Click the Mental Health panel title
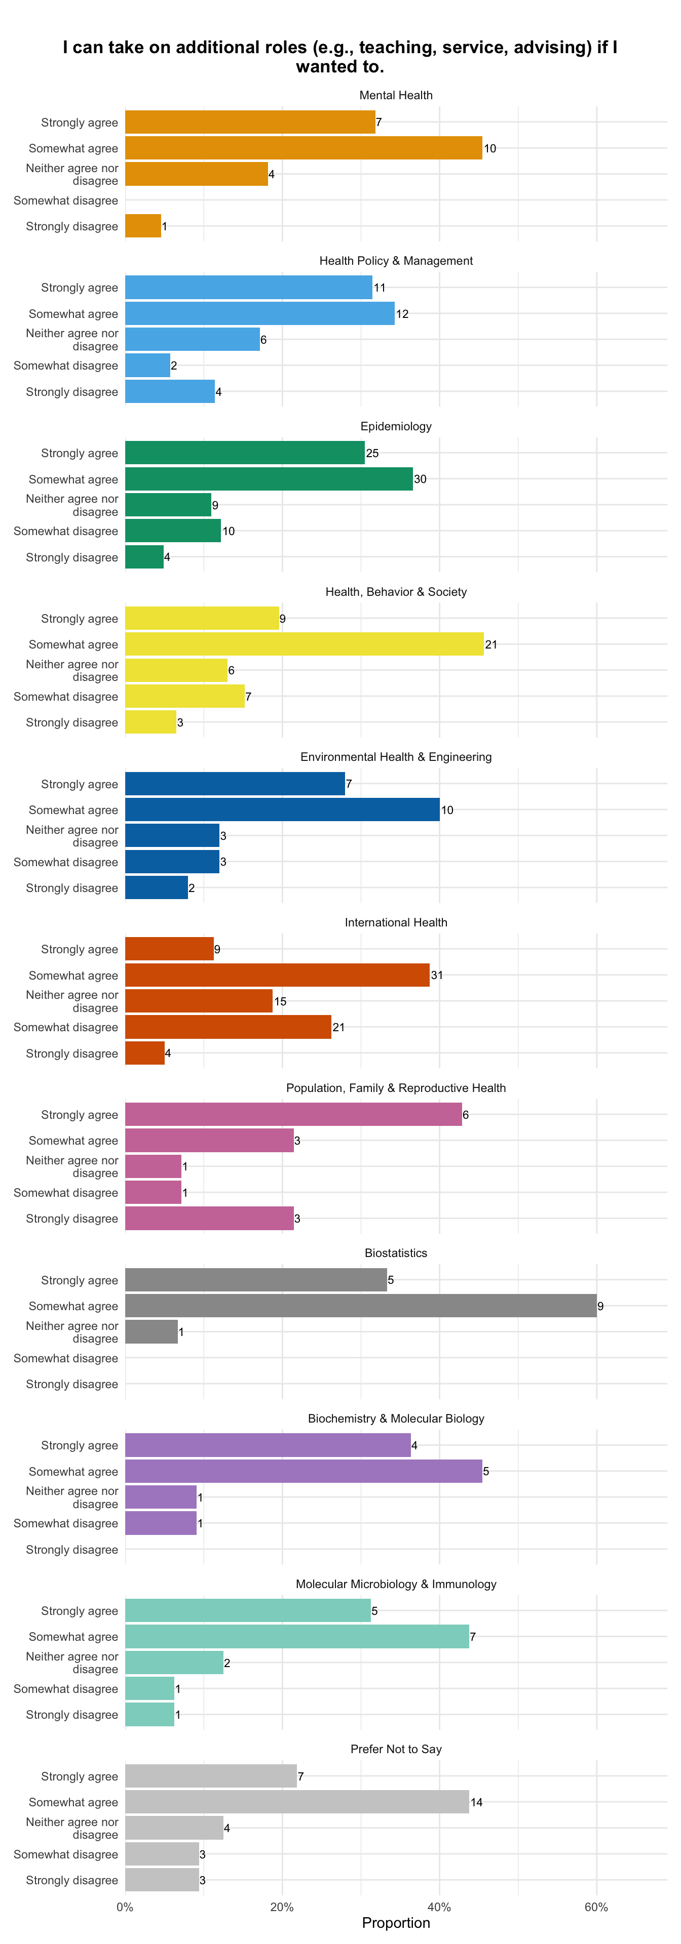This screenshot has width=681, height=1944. (x=396, y=95)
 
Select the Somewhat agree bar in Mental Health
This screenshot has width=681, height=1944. (x=304, y=148)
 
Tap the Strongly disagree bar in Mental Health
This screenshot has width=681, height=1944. (x=143, y=226)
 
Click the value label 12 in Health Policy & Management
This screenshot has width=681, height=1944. (x=402, y=314)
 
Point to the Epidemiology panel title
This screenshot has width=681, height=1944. (x=396, y=426)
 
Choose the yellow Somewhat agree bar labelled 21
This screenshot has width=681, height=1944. (x=304, y=644)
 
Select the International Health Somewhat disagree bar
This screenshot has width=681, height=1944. (x=228, y=1027)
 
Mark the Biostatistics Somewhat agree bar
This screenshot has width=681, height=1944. (x=361, y=1306)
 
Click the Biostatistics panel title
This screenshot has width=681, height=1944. (x=396, y=1253)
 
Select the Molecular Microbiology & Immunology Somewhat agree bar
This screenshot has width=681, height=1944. (x=297, y=1636)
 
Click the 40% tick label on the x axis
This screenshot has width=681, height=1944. (x=439, y=1907)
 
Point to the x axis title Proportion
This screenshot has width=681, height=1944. (x=396, y=1923)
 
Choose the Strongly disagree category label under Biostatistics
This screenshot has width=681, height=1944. (x=72, y=1384)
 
